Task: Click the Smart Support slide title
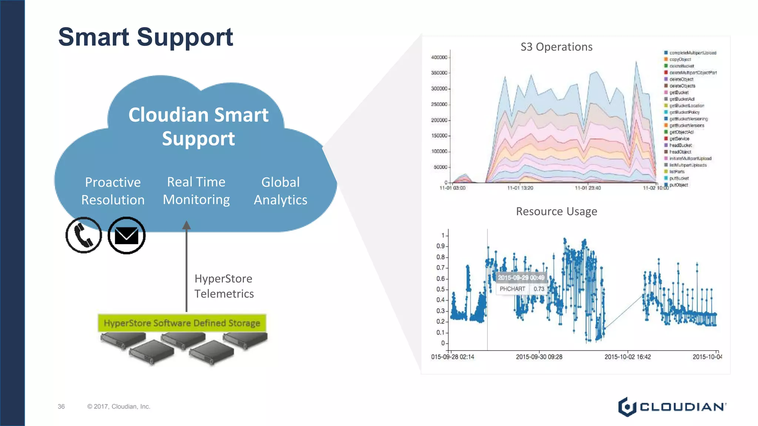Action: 145,37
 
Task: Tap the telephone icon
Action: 84,235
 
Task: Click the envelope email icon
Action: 127,236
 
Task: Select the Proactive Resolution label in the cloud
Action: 113,191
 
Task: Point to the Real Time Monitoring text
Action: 196,190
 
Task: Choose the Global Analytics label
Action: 281,191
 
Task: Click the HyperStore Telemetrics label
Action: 224,286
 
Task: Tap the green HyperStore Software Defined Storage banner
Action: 182,323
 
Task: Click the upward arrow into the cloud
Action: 187,266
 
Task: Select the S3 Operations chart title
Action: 556,47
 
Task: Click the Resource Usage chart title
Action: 556,212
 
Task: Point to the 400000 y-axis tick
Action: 439,57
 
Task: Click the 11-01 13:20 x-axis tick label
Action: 520,188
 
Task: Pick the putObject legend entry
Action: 678,185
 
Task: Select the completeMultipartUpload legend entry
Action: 692,53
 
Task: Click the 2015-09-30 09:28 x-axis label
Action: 539,357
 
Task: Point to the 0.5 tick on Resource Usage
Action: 440,290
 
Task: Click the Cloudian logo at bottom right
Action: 672,407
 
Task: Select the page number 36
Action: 61,406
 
